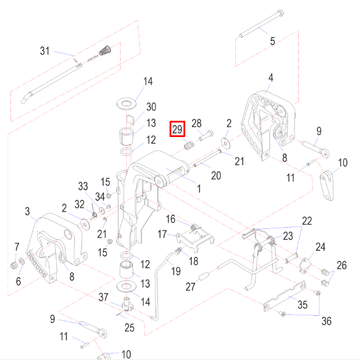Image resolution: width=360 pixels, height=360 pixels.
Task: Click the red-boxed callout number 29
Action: point(177,129)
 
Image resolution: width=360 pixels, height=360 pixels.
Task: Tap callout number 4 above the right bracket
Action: point(270,78)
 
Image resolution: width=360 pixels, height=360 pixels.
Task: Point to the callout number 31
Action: point(45,51)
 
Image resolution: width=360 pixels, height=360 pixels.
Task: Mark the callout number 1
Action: point(199,188)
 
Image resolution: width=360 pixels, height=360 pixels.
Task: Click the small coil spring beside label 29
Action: point(188,146)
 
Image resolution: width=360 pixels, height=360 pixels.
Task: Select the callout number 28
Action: point(197,123)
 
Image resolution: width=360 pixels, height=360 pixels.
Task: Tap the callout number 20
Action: point(215,175)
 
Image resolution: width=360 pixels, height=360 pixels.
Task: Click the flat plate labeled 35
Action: point(285,297)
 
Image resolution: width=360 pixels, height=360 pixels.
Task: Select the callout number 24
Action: point(321,247)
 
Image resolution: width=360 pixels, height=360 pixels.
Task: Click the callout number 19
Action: point(174,271)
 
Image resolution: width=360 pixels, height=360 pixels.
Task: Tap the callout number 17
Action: point(163,234)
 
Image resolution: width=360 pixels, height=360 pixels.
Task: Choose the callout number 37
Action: point(103,297)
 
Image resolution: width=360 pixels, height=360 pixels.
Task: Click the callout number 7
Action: point(17,246)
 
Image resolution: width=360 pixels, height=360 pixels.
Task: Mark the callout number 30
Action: point(151,107)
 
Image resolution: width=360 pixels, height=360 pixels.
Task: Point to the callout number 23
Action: point(288,236)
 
